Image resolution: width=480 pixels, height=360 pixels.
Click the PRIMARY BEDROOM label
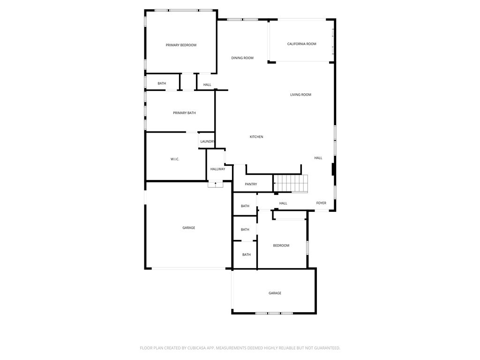coord(181,45)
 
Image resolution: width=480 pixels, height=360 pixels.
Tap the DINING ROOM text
coord(242,58)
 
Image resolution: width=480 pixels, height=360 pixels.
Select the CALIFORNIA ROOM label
coord(301,44)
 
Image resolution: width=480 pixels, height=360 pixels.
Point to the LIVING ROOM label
coord(300,95)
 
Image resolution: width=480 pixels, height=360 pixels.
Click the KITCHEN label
coord(256,137)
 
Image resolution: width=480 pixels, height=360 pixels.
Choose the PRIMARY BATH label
coord(184,113)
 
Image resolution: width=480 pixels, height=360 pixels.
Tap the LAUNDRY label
coord(207,142)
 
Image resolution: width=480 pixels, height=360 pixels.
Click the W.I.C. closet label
coord(175,159)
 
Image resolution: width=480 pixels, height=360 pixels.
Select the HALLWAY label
coord(217,169)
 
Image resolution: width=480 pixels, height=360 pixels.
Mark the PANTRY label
coord(251,184)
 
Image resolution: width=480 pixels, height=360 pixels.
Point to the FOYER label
coord(321,203)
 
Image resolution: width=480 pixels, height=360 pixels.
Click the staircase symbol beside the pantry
coord(291,183)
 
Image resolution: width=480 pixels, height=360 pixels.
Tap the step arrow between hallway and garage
coord(215,184)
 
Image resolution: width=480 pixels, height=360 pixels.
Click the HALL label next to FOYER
coord(283,203)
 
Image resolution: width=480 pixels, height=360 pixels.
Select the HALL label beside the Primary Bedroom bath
coord(207,85)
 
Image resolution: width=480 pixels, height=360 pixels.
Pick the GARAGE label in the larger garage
coord(189,228)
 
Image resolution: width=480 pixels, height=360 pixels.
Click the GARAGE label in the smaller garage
coord(275,293)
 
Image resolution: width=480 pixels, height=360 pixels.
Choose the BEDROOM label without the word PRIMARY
coord(281,246)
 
